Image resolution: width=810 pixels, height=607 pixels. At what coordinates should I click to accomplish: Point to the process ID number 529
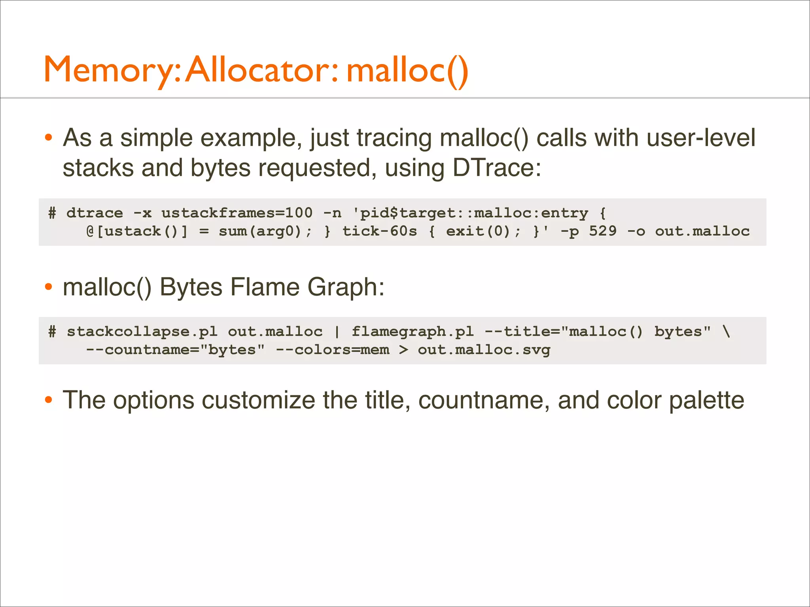pyautogui.click(x=602, y=231)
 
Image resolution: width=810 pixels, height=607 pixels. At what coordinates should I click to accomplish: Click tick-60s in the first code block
pyautogui.click(x=380, y=231)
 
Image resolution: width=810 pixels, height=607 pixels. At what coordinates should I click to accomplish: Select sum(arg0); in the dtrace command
pyautogui.click(x=265, y=231)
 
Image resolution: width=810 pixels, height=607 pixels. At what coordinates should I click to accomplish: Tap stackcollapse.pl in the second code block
pyautogui.click(x=142, y=332)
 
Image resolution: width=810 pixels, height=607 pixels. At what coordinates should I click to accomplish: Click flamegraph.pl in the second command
pyautogui.click(x=413, y=332)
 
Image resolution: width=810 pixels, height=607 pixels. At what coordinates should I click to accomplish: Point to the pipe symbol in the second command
pyautogui.click(x=337, y=332)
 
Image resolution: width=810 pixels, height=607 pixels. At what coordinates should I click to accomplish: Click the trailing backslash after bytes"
pyautogui.click(x=726, y=332)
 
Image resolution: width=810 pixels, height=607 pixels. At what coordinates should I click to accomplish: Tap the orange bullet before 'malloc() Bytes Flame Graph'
pyautogui.click(x=48, y=287)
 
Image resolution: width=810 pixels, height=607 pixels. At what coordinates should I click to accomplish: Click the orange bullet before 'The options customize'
pyautogui.click(x=48, y=400)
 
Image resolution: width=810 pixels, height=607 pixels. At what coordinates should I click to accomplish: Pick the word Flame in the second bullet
pyautogui.click(x=265, y=287)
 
